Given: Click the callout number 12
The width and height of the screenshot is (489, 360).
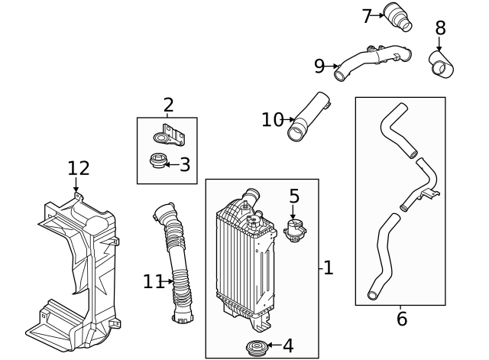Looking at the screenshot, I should tap(78, 168).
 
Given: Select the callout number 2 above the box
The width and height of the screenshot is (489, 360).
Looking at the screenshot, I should tap(168, 105).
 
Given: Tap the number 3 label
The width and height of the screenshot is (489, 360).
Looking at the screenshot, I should tap(185, 164).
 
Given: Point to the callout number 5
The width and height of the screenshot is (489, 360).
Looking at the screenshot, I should tap(294, 196).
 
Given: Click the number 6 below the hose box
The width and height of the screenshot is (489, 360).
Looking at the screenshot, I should tap(402, 319).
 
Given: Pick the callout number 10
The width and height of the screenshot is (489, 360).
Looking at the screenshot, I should tap(272, 120).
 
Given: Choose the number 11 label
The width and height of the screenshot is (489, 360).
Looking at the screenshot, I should tap(153, 282).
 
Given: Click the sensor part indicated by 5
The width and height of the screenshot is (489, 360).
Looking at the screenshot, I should tap(295, 229).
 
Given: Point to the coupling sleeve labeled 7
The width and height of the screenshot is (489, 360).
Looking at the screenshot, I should tap(397, 18).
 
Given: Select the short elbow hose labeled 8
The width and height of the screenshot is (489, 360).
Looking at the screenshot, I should tap(441, 64).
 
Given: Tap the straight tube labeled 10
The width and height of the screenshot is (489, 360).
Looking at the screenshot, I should tap(307, 117).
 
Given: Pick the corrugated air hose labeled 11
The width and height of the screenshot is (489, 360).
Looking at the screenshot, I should tap(175, 264).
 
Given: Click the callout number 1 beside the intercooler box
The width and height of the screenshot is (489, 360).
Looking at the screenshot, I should tap(328, 268).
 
